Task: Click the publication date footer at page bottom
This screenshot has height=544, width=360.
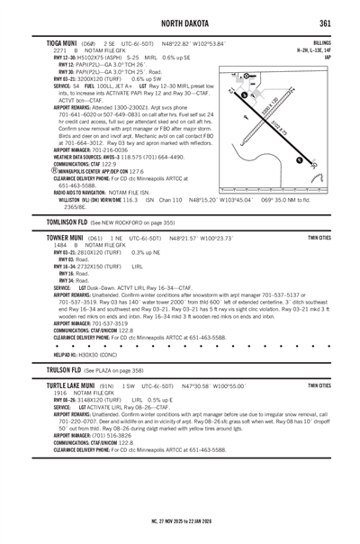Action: (179, 519)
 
